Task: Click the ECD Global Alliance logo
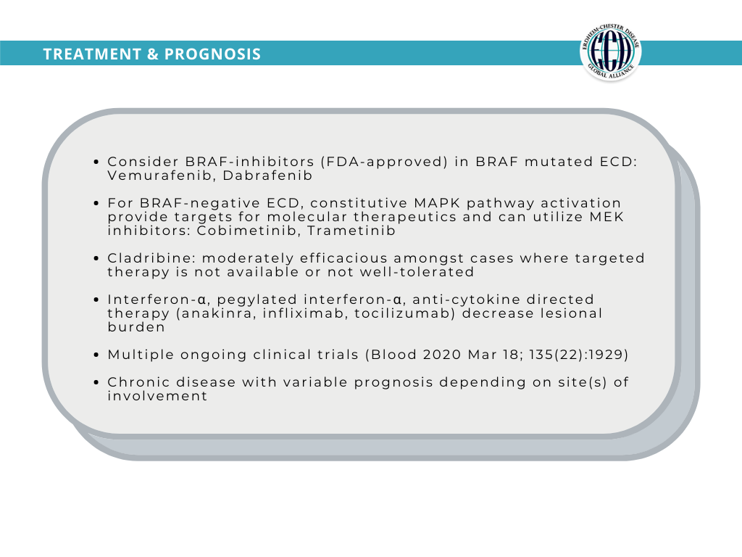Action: point(610,52)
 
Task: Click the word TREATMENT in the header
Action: point(92,54)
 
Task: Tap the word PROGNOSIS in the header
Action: point(212,54)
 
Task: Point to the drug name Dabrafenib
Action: point(268,176)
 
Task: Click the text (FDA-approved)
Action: point(384,162)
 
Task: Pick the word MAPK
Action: point(437,203)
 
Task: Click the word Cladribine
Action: point(151,259)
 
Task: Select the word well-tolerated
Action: point(417,273)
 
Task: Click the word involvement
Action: point(157,396)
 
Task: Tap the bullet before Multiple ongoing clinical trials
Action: point(96,355)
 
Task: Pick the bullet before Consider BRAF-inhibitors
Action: point(96,162)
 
